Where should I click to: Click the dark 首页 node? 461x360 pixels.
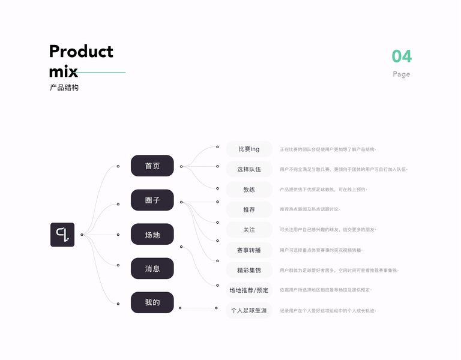click(x=152, y=166)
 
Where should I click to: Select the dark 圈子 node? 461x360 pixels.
click(x=152, y=200)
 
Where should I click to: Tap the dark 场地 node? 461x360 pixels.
click(x=152, y=235)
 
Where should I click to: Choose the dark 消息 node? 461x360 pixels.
click(x=152, y=269)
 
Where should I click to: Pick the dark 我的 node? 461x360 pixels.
click(x=152, y=302)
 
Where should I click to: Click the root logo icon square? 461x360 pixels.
click(x=62, y=235)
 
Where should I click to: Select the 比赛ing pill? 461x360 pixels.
click(x=249, y=149)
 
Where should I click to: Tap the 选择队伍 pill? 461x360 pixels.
click(x=249, y=169)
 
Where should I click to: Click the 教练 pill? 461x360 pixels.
click(x=249, y=189)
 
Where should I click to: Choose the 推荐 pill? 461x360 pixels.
click(x=249, y=209)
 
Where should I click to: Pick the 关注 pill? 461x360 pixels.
click(x=249, y=230)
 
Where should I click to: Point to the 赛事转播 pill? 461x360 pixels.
click(x=249, y=250)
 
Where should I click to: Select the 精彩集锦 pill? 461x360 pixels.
click(x=249, y=271)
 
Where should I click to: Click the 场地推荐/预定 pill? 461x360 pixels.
click(x=249, y=290)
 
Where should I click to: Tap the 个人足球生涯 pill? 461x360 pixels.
click(x=249, y=311)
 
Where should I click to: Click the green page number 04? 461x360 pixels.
click(x=402, y=56)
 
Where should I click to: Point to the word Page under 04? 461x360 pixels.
click(x=402, y=74)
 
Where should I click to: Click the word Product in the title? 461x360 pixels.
click(x=81, y=52)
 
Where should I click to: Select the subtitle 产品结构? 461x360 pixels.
click(x=64, y=88)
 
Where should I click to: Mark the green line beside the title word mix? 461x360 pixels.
click(x=102, y=72)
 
